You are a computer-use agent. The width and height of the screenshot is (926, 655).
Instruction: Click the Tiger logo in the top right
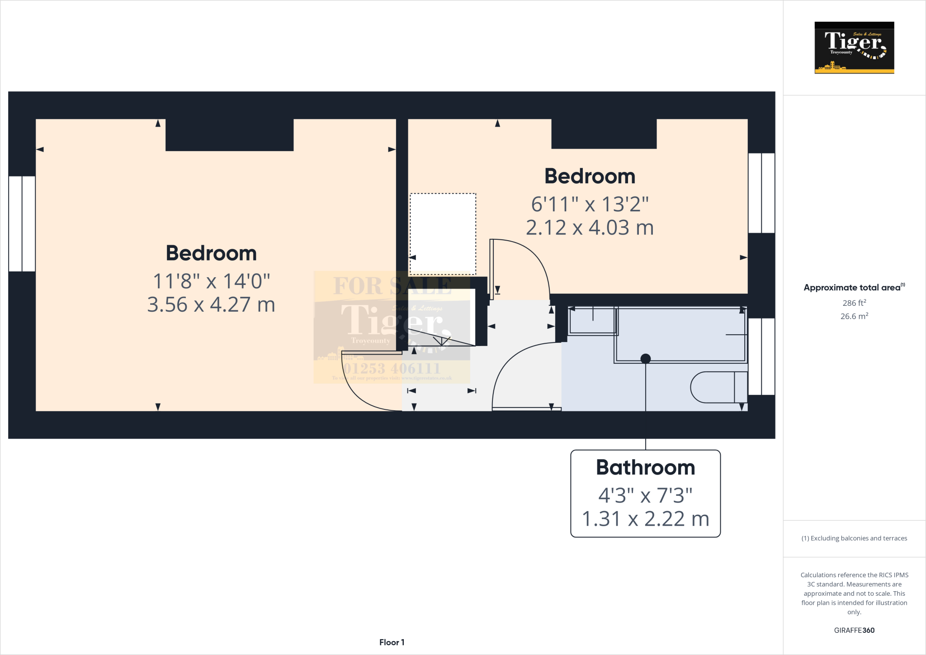point(854,47)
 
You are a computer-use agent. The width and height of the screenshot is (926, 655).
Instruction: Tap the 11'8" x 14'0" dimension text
point(211,281)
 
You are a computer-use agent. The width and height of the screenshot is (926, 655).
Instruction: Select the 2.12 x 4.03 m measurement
point(590,228)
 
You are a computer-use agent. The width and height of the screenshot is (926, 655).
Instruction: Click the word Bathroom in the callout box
point(645,468)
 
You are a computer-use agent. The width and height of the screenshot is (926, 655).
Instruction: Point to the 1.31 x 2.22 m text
point(645,519)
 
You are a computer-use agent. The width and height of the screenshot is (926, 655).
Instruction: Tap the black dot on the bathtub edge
point(646,359)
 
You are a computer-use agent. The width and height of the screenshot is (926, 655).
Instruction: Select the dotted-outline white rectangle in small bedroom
point(443,234)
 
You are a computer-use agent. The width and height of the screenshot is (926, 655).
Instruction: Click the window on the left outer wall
point(22,223)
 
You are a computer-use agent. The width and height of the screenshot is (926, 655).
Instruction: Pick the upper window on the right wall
point(761,193)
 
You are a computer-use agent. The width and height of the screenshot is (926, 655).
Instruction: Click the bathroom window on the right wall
point(761,356)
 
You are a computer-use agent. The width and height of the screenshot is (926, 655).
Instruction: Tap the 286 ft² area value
point(854,303)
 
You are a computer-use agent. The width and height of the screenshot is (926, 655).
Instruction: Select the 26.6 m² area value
point(854,316)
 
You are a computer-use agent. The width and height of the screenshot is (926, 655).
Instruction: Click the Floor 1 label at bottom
point(392,642)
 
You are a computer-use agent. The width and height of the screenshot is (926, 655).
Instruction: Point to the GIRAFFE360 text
point(854,630)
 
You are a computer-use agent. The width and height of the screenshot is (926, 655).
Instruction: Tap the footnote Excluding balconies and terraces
point(854,538)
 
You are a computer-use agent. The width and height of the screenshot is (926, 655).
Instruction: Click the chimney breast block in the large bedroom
point(229,135)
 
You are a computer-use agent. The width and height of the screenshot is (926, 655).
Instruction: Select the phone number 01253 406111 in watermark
point(392,368)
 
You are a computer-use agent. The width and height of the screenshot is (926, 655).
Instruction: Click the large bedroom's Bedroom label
point(211,253)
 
